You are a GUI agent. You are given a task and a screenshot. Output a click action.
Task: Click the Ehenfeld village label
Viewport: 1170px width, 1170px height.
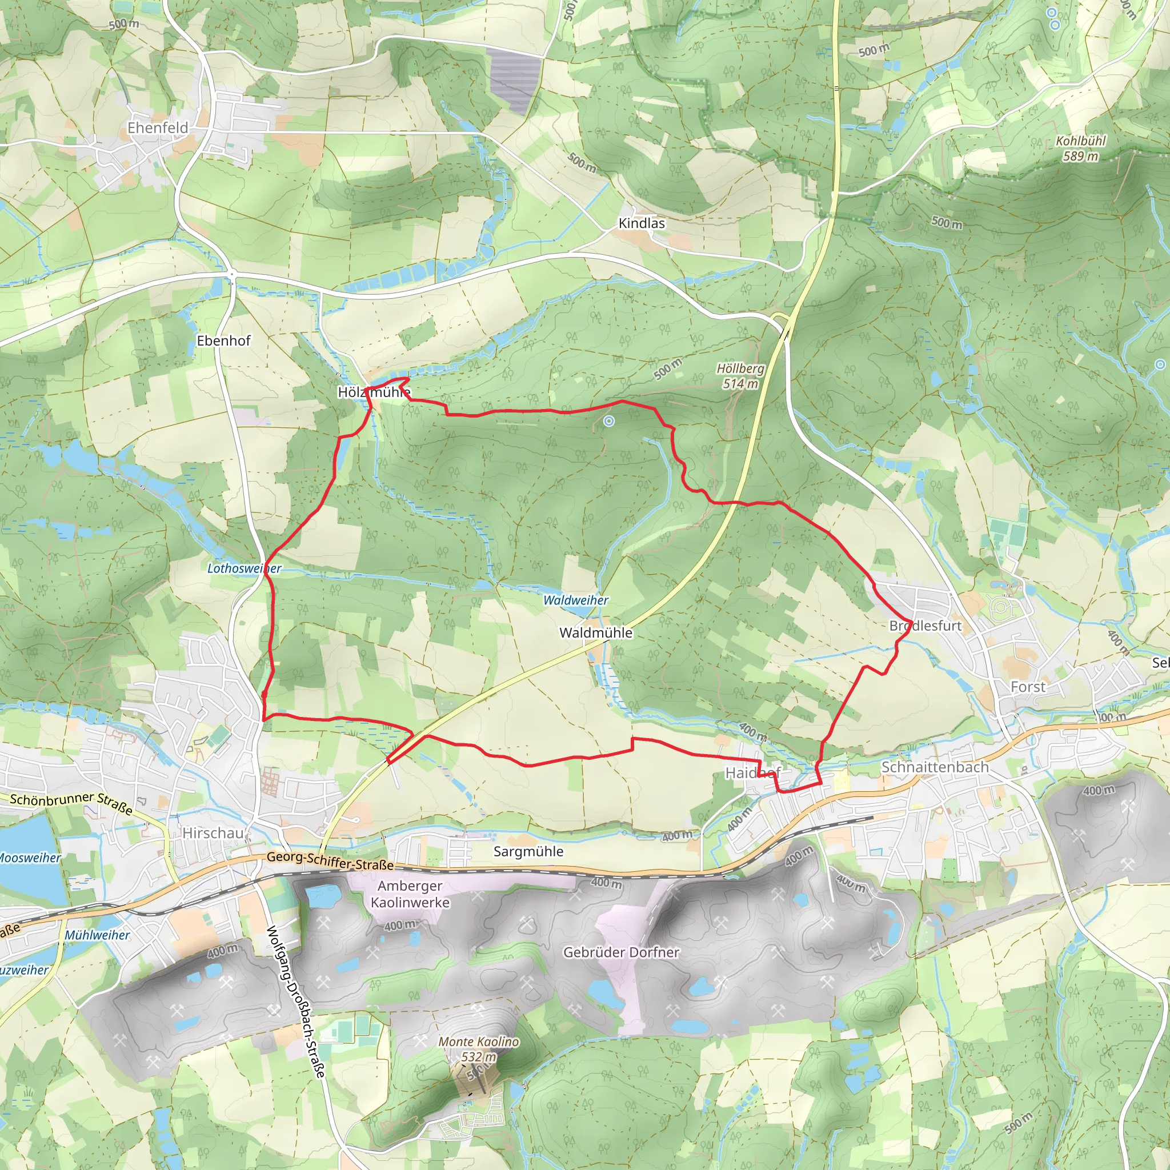pyautogui.click(x=158, y=128)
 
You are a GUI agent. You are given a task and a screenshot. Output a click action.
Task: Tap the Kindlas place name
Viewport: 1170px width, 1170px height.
pyautogui.click(x=642, y=223)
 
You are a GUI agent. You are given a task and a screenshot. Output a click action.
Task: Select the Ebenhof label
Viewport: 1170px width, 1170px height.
pyautogui.click(x=223, y=341)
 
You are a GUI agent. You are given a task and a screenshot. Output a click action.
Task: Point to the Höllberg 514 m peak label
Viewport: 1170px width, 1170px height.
pyautogui.click(x=740, y=376)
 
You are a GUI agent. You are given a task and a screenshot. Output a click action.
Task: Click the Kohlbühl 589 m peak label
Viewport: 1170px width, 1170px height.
pyautogui.click(x=1080, y=149)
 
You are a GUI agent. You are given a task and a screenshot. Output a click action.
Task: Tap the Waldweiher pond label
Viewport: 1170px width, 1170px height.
pyautogui.click(x=575, y=600)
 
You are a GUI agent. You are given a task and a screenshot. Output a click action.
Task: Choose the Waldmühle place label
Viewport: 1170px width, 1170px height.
pyautogui.click(x=595, y=633)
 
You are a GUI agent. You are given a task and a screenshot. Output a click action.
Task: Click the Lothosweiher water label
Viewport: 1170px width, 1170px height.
pyautogui.click(x=244, y=568)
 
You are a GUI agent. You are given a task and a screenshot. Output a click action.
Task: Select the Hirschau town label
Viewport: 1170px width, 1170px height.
pyautogui.click(x=213, y=834)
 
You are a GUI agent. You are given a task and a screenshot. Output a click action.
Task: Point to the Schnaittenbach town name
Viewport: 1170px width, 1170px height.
pyautogui.click(x=935, y=767)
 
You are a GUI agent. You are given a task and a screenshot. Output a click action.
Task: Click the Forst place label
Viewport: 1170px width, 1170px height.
pyautogui.click(x=1028, y=687)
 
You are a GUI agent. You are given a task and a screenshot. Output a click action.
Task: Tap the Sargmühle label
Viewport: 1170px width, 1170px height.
pyautogui.click(x=528, y=851)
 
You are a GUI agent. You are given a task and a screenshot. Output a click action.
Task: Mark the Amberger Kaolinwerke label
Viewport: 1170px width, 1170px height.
pyautogui.click(x=410, y=894)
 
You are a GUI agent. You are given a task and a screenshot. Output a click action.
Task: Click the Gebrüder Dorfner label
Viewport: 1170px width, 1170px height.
pyautogui.click(x=621, y=952)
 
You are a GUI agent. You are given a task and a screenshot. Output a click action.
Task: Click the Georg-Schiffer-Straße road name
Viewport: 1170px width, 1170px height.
pyautogui.click(x=330, y=860)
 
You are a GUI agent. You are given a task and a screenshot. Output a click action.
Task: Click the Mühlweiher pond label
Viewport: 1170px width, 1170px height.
pyautogui.click(x=97, y=935)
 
